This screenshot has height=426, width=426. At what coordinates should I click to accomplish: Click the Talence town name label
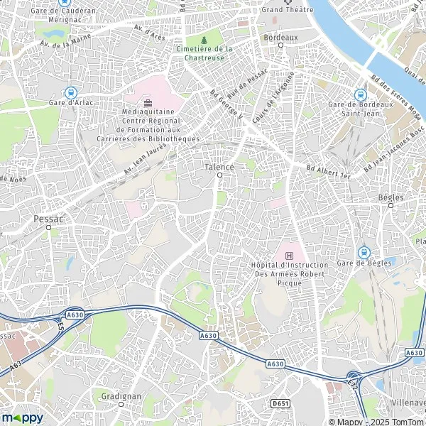click(x=219, y=166)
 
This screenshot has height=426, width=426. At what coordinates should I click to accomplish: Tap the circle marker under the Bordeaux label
click(x=280, y=45)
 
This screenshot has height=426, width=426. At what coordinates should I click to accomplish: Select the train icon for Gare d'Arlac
click(x=70, y=92)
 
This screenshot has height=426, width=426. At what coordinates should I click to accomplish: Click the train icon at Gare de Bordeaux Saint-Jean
click(x=360, y=94)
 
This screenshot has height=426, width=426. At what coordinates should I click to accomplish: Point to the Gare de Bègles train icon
click(x=364, y=251)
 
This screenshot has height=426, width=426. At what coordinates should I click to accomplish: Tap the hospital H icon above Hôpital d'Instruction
click(x=289, y=255)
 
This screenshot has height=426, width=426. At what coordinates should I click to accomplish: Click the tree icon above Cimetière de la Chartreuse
click(x=204, y=39)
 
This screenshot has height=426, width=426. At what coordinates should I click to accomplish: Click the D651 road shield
click(x=280, y=403)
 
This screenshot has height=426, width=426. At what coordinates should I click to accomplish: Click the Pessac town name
click(x=48, y=219)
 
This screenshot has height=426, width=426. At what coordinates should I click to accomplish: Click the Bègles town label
click(x=390, y=198)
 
